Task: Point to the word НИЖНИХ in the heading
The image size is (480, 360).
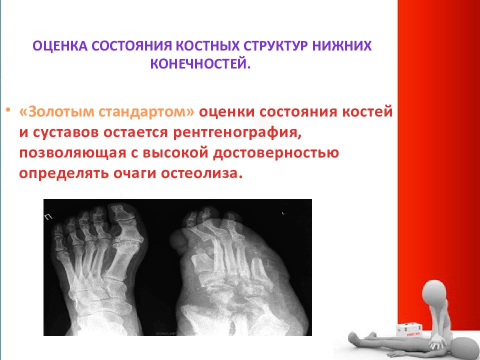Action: pos(342,46)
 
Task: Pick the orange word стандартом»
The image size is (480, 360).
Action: pos(146,112)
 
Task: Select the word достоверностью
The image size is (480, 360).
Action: pos(276,153)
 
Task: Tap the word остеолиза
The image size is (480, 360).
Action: pos(199,173)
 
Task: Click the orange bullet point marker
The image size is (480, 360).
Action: pos(8,110)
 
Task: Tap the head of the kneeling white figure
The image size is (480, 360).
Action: pos(434,291)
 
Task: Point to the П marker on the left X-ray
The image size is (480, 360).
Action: pos(48,217)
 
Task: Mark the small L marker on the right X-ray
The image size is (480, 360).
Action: pos(283,213)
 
